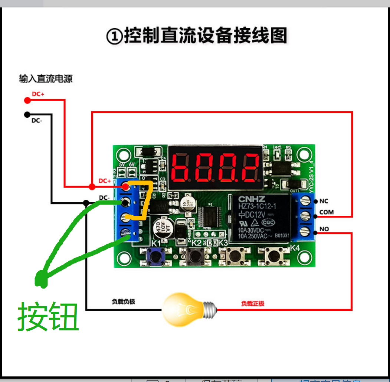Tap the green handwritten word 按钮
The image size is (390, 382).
[x=48, y=316]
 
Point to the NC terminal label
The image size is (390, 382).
[x=324, y=201]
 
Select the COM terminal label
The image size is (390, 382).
[x=326, y=212]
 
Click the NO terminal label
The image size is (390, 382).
[x=324, y=229]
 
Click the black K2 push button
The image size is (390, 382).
[x=194, y=256]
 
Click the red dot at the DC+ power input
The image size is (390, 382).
[x=27, y=100]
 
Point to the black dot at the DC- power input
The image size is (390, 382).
[x=27, y=115]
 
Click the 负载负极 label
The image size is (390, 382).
[x=124, y=302]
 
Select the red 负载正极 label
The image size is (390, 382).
[x=253, y=304]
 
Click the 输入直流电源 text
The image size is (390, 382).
[x=46, y=79]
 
